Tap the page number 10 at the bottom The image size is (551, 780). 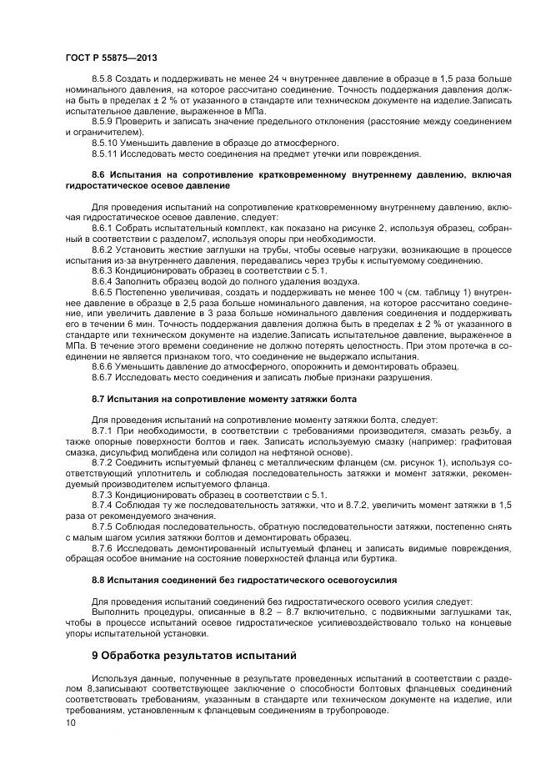pos(69,722)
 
